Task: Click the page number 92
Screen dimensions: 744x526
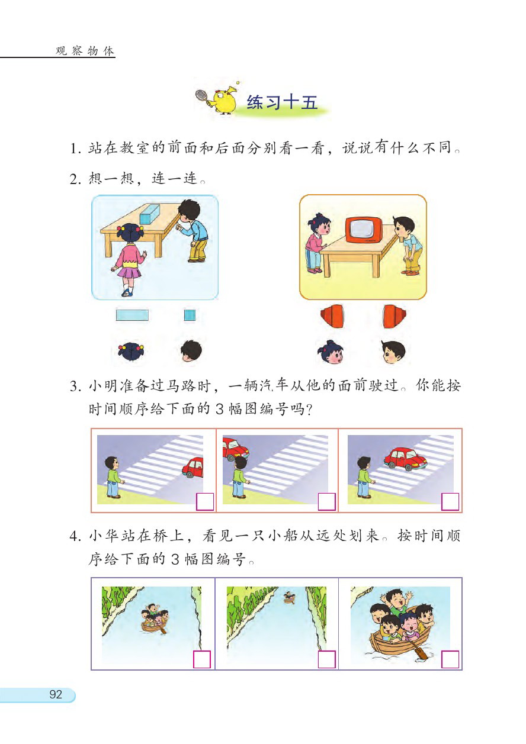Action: click(x=56, y=695)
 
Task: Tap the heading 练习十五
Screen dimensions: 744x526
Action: click(x=282, y=102)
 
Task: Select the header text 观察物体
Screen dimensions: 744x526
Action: click(x=85, y=51)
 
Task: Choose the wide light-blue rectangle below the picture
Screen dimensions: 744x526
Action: click(x=132, y=315)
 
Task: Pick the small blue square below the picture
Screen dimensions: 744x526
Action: click(x=190, y=315)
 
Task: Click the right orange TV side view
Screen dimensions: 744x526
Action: click(x=393, y=315)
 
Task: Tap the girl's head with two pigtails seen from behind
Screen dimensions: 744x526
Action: click(x=131, y=352)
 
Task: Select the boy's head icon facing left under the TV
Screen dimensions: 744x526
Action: click(x=393, y=352)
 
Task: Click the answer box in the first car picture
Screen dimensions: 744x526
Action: click(x=204, y=501)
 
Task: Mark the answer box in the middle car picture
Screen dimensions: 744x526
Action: click(x=327, y=501)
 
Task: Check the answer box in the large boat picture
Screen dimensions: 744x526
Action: click(x=450, y=659)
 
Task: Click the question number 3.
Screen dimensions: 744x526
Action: click(x=74, y=388)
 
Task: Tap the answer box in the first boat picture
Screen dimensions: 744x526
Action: click(x=202, y=659)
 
